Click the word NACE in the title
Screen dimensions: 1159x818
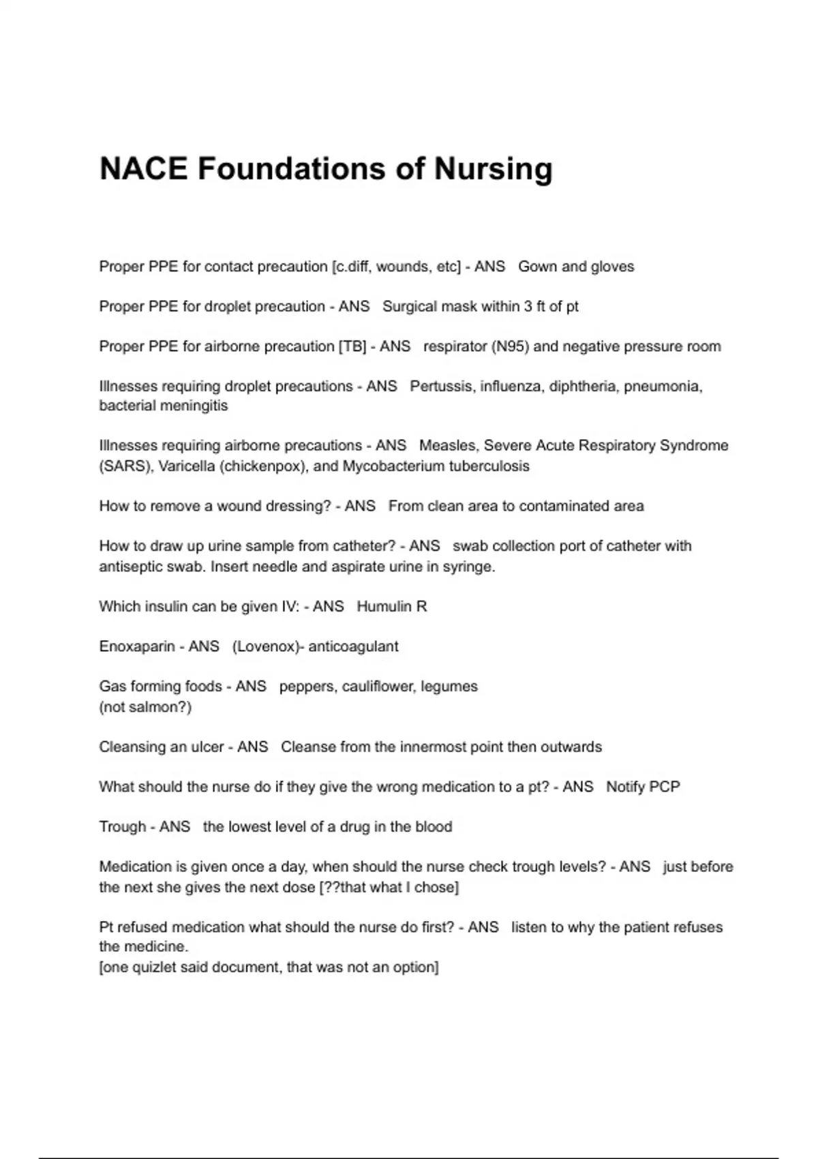(x=143, y=168)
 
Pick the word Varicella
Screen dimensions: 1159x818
(x=185, y=466)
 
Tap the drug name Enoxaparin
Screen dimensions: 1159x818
(x=136, y=646)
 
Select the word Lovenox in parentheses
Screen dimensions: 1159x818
(x=266, y=646)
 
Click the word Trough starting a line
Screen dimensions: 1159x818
(x=123, y=827)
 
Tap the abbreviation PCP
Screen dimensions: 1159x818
(x=665, y=787)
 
